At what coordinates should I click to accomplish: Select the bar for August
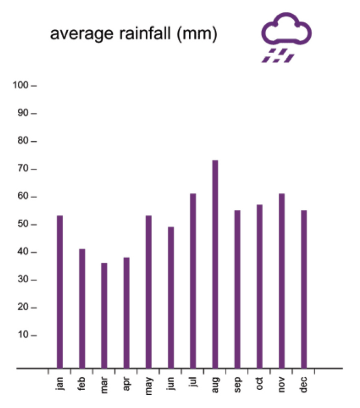pyautogui.click(x=215, y=264)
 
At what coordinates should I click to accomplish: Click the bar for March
pyautogui.click(x=104, y=315)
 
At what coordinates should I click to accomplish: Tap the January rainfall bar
pyautogui.click(x=60, y=292)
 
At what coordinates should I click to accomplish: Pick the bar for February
pyautogui.click(x=82, y=308)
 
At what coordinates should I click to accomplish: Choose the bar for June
pyautogui.click(x=171, y=297)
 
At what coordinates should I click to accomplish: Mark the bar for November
pyautogui.click(x=282, y=281)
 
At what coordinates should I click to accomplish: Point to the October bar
pyautogui.click(x=259, y=286)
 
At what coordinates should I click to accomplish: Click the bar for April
pyautogui.click(x=126, y=312)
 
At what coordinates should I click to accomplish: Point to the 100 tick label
pyautogui.click(x=20, y=85)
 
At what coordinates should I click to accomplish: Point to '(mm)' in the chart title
pyautogui.click(x=197, y=35)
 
